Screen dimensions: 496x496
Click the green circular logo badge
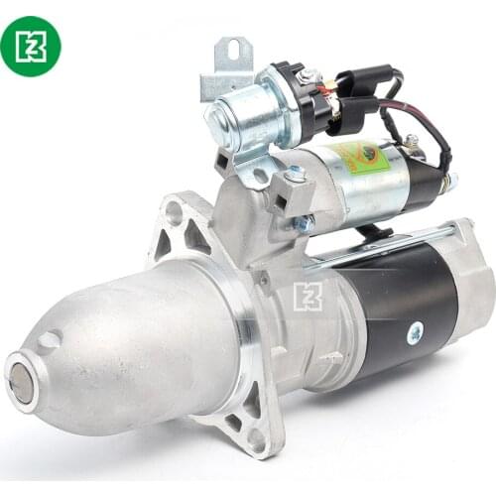pyautogui.click(x=31, y=46)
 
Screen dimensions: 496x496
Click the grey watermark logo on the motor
pyautogui.click(x=309, y=296)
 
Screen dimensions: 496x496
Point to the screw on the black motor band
pyautogui.click(x=415, y=332)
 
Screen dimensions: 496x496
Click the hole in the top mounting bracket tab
pyautogui.click(x=232, y=51)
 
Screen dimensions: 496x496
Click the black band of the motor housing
pyautogui.click(x=397, y=298)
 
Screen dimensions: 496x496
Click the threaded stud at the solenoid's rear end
pyautogui.click(x=449, y=183)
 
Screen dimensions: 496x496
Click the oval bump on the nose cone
pyautogui.click(x=50, y=339)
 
